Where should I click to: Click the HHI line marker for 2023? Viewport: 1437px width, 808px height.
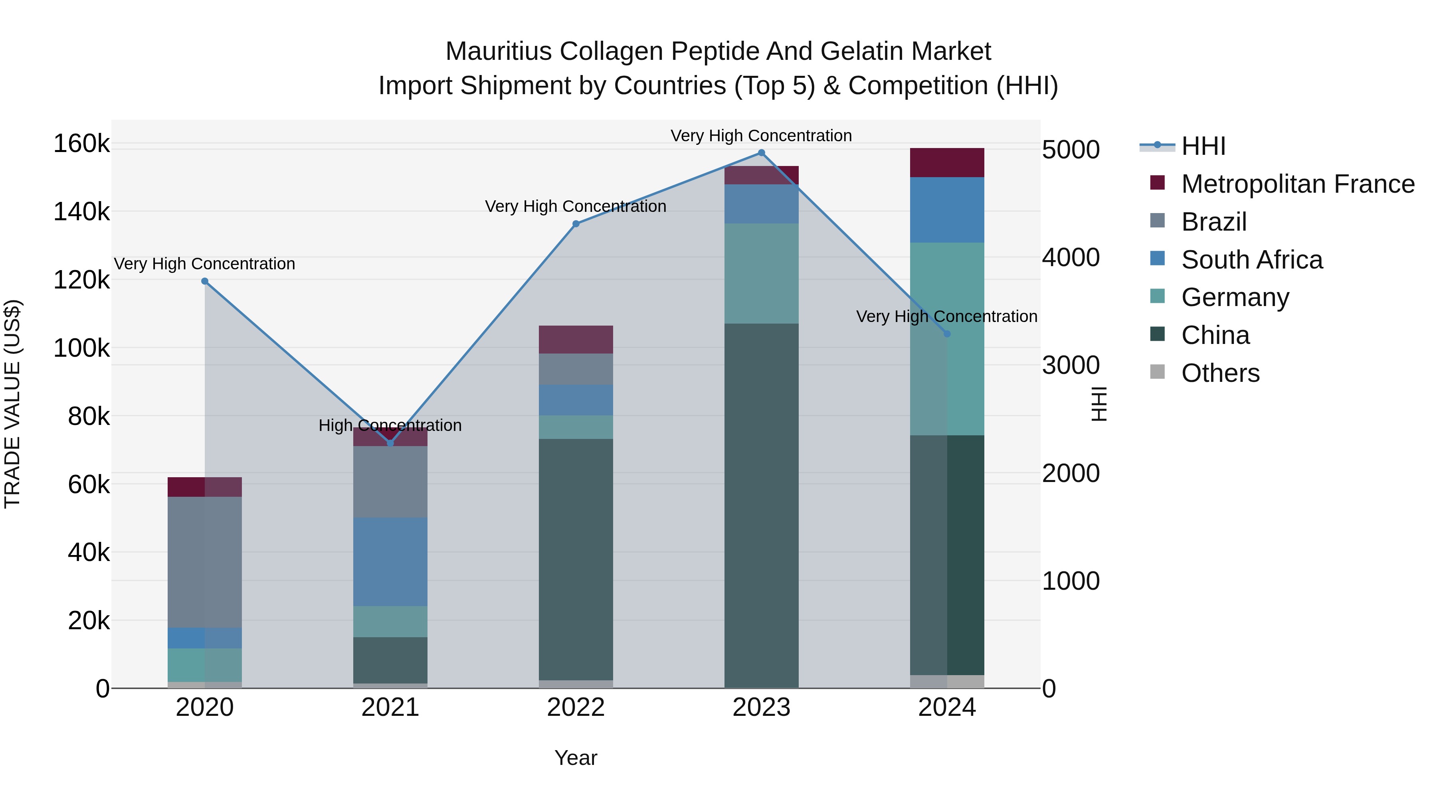[x=762, y=153]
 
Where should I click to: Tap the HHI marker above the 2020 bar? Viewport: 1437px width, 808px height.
[x=205, y=281]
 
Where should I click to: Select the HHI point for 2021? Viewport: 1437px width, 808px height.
[x=390, y=443]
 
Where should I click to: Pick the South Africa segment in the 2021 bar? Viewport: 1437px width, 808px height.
[x=390, y=561]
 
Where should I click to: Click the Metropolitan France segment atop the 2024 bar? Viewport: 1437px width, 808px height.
[x=947, y=163]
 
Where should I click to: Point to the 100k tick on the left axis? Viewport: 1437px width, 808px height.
[x=81, y=348]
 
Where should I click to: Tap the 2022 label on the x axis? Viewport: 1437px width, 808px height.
[x=576, y=707]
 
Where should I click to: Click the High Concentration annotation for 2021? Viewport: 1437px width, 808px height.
[x=390, y=425]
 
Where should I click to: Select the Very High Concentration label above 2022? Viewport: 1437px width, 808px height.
[x=576, y=206]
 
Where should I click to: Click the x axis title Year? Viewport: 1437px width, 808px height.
[x=576, y=758]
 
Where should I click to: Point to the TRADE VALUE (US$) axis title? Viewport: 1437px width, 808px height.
[x=12, y=404]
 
